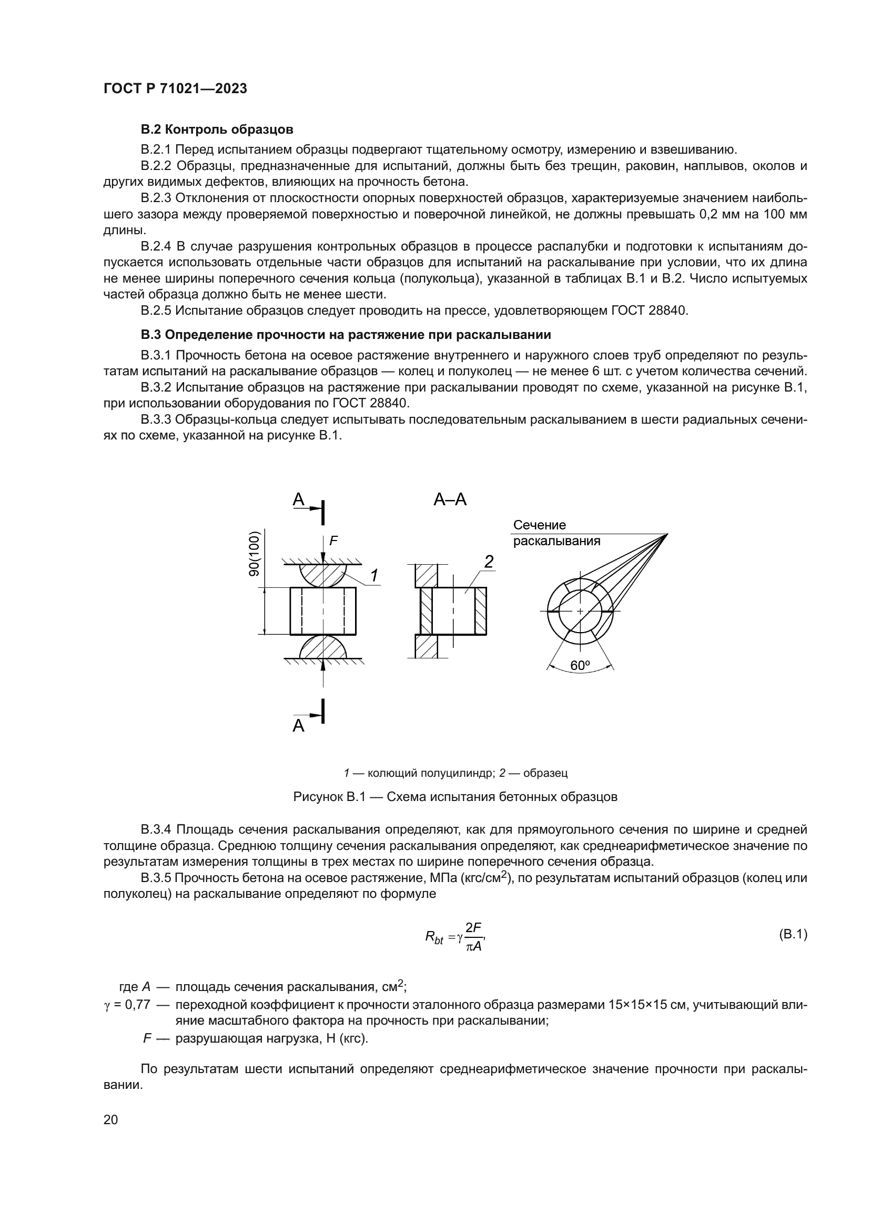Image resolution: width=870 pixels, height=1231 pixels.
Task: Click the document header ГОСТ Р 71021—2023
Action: (x=175, y=89)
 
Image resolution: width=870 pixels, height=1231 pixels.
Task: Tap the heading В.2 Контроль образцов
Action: (x=216, y=129)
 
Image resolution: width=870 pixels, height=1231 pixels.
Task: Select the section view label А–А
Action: (x=450, y=499)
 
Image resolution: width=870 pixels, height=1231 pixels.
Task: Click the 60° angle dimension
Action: (x=580, y=666)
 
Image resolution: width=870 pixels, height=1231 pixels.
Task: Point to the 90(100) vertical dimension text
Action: (x=255, y=554)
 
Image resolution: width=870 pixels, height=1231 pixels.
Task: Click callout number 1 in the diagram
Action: (x=374, y=575)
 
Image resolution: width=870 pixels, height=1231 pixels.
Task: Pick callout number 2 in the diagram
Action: (x=489, y=562)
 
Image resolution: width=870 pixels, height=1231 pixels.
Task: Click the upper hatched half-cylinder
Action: (x=323, y=575)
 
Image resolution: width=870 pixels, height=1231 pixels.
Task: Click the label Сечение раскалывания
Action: (x=556, y=533)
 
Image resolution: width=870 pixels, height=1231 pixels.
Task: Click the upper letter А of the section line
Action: (x=298, y=499)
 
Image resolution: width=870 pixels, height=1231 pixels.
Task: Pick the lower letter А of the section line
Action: (x=298, y=726)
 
